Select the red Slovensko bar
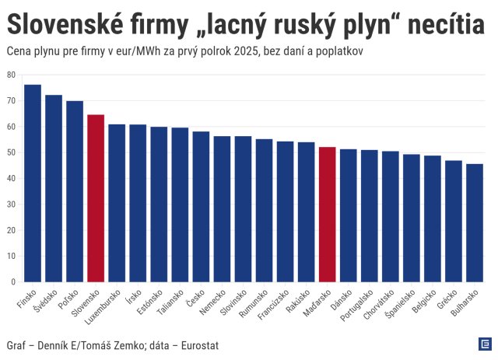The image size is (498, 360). [96, 198]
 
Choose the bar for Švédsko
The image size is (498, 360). [54, 188]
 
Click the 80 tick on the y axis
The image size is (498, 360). [11, 75]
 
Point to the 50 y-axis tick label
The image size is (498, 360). [11, 152]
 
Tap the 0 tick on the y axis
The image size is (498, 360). [13, 281]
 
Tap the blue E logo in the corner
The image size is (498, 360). [483, 344]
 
